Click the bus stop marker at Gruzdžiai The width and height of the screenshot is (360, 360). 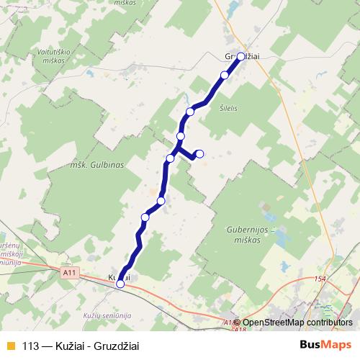pyautogui.click(x=240, y=56)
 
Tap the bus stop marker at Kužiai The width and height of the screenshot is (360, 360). pyautogui.click(x=120, y=284)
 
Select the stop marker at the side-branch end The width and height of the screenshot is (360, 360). pyautogui.click(x=199, y=153)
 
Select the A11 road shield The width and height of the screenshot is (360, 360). pyautogui.click(x=69, y=273)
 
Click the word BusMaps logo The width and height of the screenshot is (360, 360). pyautogui.click(x=325, y=344)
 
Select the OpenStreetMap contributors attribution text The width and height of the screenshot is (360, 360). pyautogui.click(x=295, y=323)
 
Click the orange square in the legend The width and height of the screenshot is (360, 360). pyautogui.click(x=9, y=344)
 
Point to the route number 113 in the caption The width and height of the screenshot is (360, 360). pyautogui.click(x=31, y=344)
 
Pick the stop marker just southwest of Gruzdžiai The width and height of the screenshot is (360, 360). pyautogui.click(x=225, y=75)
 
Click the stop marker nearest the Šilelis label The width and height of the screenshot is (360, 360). pyautogui.click(x=191, y=111)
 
